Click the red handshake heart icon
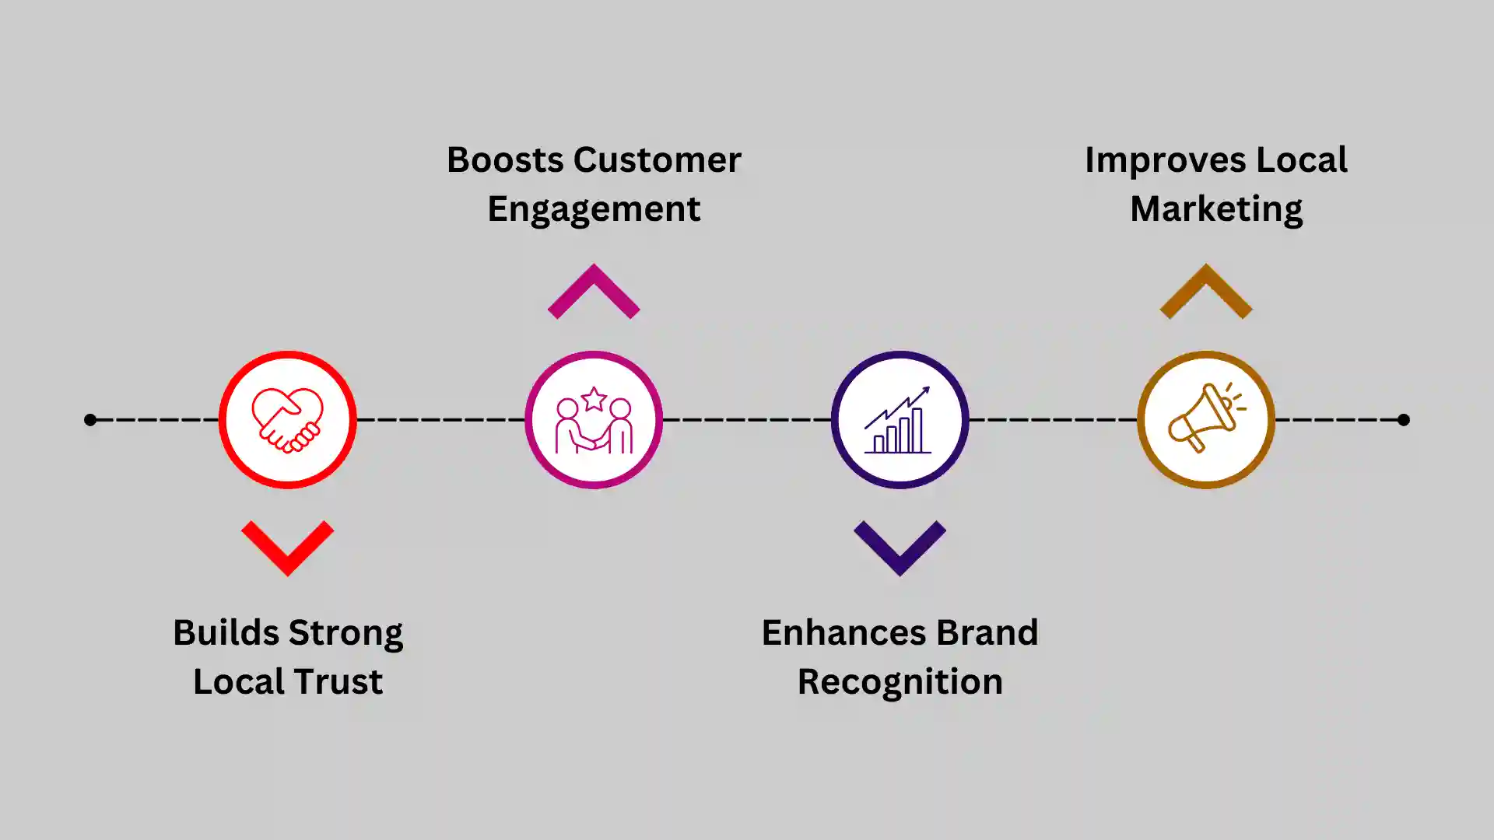tap(287, 420)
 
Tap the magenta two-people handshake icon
tap(594, 422)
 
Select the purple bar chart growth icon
tap(900, 420)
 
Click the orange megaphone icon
tap(1205, 418)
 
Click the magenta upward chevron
tap(594, 291)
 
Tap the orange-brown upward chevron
tap(1205, 291)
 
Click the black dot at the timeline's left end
tap(90, 420)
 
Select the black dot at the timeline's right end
tap(1403, 420)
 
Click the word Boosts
tap(504, 160)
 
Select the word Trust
tap(344, 682)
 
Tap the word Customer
tap(658, 160)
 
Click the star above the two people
tap(594, 399)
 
